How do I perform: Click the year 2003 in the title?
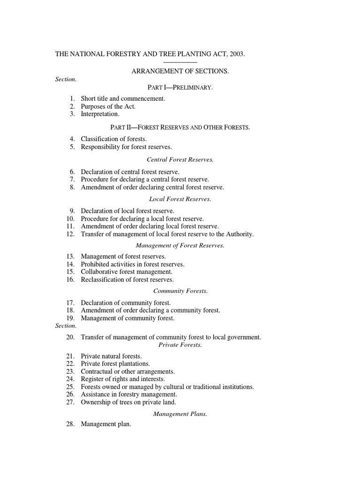[x=237, y=54]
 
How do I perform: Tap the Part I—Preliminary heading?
[x=180, y=88]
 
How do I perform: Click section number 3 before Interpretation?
[x=73, y=114]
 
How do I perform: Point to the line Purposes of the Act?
[x=108, y=106]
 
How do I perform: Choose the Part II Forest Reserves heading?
[x=180, y=127]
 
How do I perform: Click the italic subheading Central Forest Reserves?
[x=180, y=160]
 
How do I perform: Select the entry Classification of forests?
[x=114, y=139]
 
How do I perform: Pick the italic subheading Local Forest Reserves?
[x=180, y=199]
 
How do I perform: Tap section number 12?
[x=71, y=234]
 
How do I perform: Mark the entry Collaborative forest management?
[x=127, y=272]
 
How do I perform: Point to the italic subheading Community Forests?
[x=180, y=291]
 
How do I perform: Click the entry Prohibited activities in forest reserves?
[x=133, y=264]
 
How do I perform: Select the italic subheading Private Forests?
[x=180, y=345]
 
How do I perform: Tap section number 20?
[x=71, y=337]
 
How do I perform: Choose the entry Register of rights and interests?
[x=123, y=379]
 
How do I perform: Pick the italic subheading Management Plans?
[x=180, y=414]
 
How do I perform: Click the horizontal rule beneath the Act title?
[x=180, y=62]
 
